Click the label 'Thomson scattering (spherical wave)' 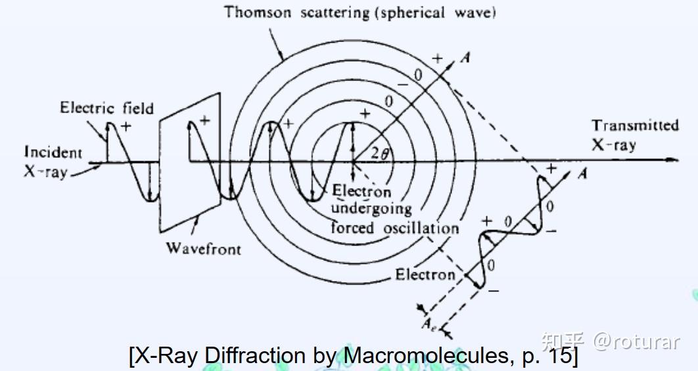(x=360, y=12)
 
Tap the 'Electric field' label (x=106, y=108)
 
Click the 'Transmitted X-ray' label (x=635, y=135)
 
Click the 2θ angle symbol (x=379, y=155)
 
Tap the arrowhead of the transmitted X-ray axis (x=672, y=160)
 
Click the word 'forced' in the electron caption (x=352, y=228)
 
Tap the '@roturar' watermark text (x=636, y=341)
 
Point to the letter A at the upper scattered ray (x=466, y=57)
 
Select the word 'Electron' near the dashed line (x=425, y=274)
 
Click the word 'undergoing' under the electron (x=371, y=209)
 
